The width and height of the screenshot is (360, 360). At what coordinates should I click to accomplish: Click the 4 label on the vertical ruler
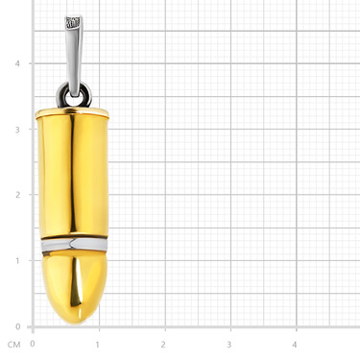(17, 63)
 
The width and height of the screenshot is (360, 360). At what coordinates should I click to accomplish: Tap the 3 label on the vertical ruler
(17, 130)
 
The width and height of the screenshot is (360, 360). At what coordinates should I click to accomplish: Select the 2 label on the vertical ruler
(17, 195)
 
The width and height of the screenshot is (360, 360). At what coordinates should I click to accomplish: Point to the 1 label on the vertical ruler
(17, 260)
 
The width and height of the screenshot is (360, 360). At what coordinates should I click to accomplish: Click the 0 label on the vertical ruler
(17, 326)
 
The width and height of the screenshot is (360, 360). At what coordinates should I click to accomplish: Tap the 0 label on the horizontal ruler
(33, 344)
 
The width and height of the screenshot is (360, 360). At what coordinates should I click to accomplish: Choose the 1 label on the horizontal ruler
(98, 345)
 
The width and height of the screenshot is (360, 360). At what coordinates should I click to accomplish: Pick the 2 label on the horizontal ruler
(163, 345)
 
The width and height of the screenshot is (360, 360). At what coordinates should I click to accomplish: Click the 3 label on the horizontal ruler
(229, 345)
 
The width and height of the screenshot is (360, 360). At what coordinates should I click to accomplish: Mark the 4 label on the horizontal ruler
(295, 345)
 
